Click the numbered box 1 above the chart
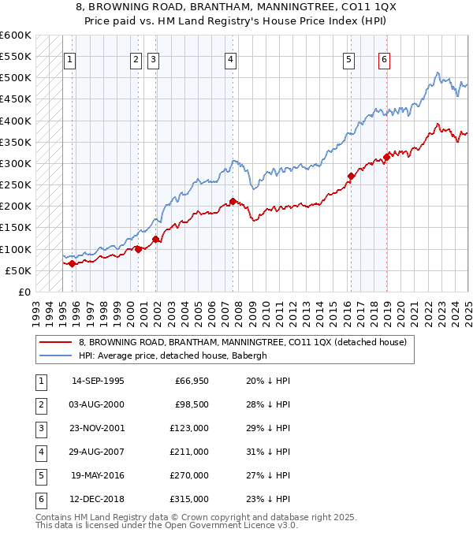tap(69, 58)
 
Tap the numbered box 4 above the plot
tap(230, 58)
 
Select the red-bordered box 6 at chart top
tap(384, 58)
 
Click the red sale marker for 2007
tap(233, 201)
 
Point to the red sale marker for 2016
tap(352, 176)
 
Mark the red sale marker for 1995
tap(72, 263)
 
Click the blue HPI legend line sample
tap(54, 355)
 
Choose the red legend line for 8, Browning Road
tap(54, 342)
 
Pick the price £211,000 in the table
tap(192, 452)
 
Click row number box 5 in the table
tap(40, 475)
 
